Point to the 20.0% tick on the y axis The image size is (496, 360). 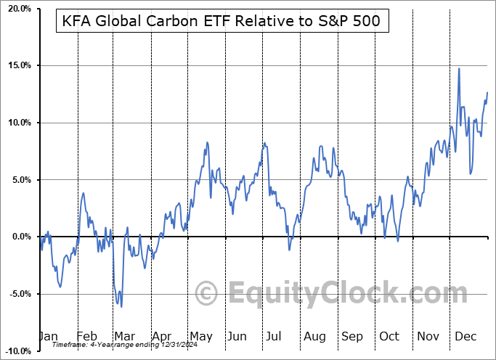pyautogui.click(x=18, y=9)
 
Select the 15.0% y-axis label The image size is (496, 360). pyautogui.click(x=18, y=66)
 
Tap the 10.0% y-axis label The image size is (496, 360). pyautogui.click(x=18, y=123)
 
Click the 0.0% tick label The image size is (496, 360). pyautogui.click(x=20, y=237)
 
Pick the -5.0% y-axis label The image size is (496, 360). pyautogui.click(x=18, y=294)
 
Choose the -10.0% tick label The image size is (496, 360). pyautogui.click(x=17, y=351)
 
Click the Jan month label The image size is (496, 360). pyautogui.click(x=48, y=337)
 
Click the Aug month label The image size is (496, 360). pyautogui.click(x=314, y=337)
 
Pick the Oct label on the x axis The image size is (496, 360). pyautogui.click(x=389, y=337)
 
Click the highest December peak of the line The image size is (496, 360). pyautogui.click(x=459, y=68)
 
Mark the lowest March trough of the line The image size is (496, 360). pyautogui.click(x=121, y=306)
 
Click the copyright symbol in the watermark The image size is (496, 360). pyautogui.click(x=207, y=294)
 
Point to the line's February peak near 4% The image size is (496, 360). pyautogui.click(x=84, y=193)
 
